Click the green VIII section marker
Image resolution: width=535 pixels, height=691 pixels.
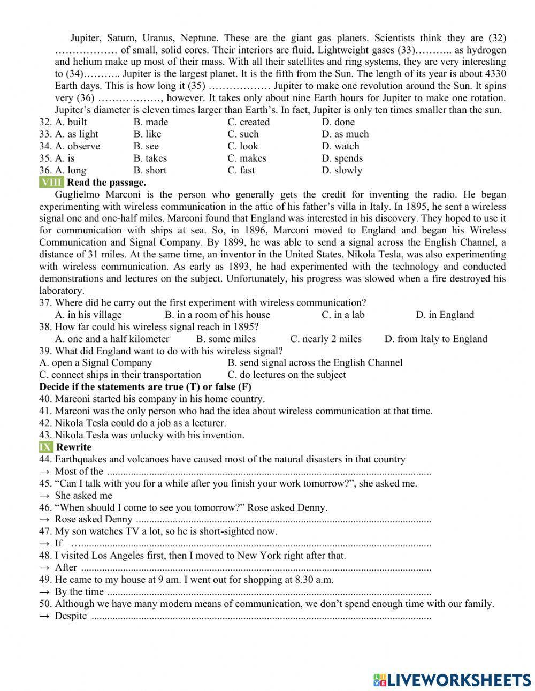pos(51,183)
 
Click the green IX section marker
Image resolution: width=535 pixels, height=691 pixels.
pos(46,447)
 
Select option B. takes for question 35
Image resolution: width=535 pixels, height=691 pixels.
pos(150,158)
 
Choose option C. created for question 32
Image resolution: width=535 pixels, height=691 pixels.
pos(248,122)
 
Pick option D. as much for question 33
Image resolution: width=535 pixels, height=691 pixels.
pos(345,134)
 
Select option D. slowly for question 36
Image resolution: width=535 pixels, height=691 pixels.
pos(342,171)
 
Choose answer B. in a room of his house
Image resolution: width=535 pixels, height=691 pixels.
pos(217,315)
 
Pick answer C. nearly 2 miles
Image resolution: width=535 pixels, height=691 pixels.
pos(325,339)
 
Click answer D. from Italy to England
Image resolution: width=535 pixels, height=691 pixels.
pos(435,339)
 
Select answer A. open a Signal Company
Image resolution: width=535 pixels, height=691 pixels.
pos(96,363)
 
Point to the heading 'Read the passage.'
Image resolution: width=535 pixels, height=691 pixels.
pos(106,183)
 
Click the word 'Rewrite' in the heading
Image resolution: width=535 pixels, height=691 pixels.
pos(74,447)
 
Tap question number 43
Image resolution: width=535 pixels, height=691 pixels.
pos(45,435)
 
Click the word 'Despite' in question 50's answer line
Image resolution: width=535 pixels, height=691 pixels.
pos(71,616)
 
